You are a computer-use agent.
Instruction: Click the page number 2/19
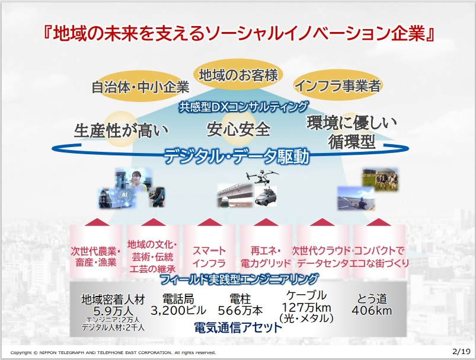tap(459, 351)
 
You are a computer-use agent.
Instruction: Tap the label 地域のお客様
tap(238, 75)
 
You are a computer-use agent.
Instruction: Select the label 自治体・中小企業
tap(140, 87)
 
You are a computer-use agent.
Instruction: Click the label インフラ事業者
tap(337, 85)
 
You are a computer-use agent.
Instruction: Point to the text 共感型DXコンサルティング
tap(244, 107)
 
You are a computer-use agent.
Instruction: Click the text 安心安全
tap(238, 129)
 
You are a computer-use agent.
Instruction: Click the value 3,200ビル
tap(178, 310)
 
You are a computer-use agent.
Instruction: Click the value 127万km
tap(306, 307)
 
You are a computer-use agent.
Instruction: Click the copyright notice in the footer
tap(113, 352)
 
